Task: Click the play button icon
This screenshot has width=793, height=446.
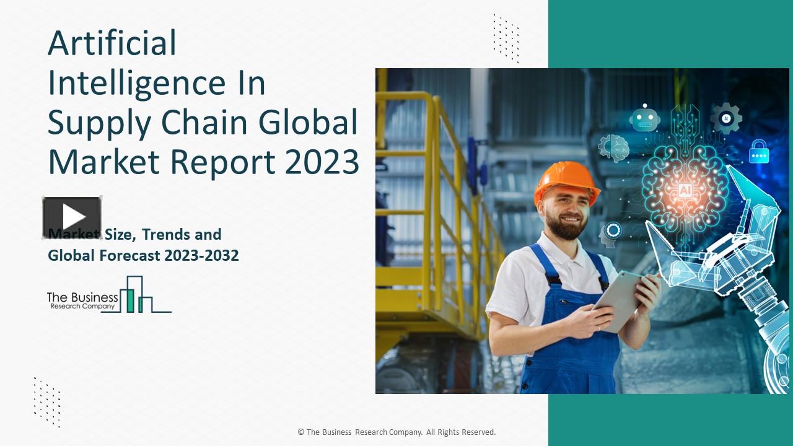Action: [72, 217]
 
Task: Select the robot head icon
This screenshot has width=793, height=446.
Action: [645, 118]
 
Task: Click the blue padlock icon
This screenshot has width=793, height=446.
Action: [758, 152]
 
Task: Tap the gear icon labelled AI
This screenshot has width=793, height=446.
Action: [726, 118]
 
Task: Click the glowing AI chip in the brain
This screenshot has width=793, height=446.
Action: [685, 190]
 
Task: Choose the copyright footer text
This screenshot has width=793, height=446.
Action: [396, 432]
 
